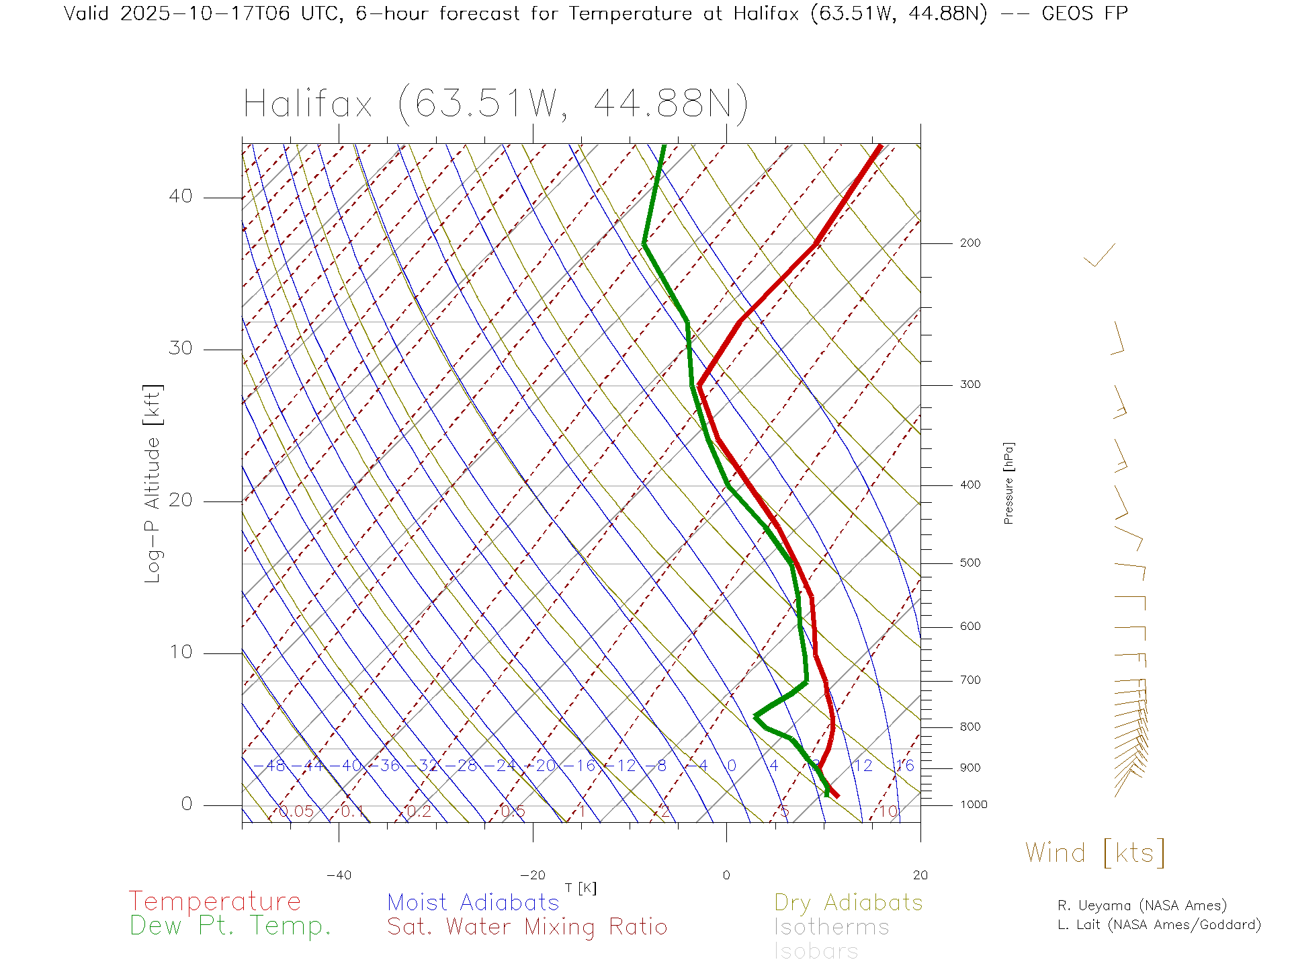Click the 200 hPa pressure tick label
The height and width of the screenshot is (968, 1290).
tap(970, 243)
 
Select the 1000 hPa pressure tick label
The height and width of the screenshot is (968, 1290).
tap(974, 805)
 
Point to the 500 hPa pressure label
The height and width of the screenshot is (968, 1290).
tap(970, 563)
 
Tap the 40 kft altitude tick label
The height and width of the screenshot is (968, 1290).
tap(180, 196)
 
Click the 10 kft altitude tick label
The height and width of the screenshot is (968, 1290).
tap(180, 652)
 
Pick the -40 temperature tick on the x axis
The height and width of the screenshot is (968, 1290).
tap(339, 875)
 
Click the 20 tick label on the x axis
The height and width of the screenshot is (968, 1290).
tap(920, 875)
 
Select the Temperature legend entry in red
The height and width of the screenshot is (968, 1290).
tap(215, 901)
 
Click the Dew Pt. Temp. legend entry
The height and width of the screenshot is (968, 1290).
tap(230, 926)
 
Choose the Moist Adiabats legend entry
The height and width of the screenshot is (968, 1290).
tap(473, 903)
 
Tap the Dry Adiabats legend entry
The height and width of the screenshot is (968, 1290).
tap(848, 903)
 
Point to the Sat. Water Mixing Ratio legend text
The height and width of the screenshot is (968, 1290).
tap(527, 927)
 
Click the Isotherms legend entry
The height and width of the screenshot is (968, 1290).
tap(831, 927)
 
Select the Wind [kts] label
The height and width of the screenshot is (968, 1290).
tap(1094, 853)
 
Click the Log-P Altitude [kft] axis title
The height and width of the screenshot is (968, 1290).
tap(153, 484)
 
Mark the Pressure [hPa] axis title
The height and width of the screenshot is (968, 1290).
tap(1008, 483)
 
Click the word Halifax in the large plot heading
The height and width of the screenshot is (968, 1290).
tap(308, 104)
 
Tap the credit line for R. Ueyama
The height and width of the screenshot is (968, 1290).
tap(1142, 905)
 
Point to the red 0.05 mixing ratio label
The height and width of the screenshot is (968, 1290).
tap(296, 811)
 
